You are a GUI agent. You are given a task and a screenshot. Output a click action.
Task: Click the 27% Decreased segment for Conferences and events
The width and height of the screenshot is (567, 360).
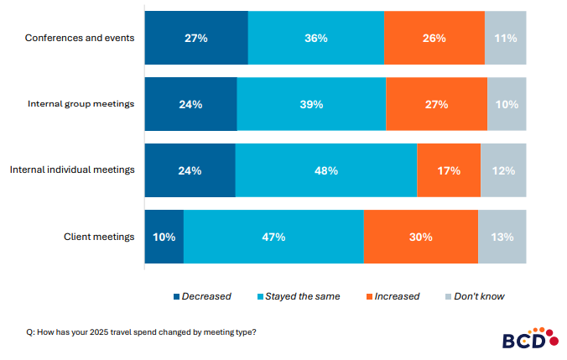coord(196,39)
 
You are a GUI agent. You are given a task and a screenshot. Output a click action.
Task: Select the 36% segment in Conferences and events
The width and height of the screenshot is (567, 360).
coord(315,39)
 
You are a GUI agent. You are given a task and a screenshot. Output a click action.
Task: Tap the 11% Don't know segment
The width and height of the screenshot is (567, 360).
coord(505,39)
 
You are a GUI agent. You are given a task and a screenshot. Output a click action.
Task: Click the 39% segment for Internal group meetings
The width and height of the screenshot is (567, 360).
coord(311,104)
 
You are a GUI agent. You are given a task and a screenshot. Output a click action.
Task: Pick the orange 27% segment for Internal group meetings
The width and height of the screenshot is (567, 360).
coord(436,104)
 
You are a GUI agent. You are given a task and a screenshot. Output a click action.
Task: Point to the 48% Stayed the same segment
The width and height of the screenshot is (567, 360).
coord(325,170)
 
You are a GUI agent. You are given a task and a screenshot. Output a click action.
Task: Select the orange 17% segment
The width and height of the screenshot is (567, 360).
coord(449,170)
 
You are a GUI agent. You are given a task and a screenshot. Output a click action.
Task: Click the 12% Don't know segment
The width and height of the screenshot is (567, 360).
coord(503,170)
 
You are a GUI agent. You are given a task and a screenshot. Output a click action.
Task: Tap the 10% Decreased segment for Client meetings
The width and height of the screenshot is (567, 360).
coord(164,237)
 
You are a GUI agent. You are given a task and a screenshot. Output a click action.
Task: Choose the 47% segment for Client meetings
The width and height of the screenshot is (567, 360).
coord(273,237)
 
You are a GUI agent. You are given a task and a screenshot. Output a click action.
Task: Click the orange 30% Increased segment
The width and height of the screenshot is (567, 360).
coord(420,237)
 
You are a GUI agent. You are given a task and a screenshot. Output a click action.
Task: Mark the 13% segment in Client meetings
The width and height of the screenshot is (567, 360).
coord(502,237)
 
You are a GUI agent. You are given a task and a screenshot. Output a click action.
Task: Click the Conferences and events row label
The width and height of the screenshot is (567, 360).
coord(80,39)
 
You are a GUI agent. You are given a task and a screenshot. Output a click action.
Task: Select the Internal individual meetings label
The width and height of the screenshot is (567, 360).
coord(72,170)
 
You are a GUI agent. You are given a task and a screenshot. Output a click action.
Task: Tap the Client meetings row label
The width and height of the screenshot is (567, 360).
coord(99,237)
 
